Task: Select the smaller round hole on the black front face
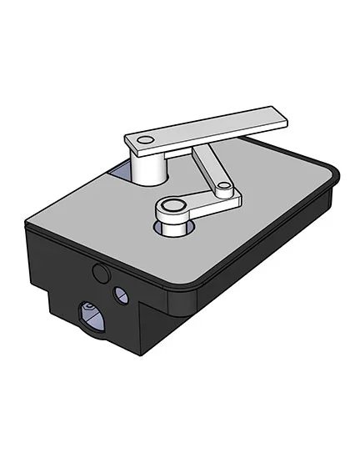pyautogui.click(x=122, y=293)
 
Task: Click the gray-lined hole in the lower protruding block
pyautogui.click(x=88, y=315)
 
